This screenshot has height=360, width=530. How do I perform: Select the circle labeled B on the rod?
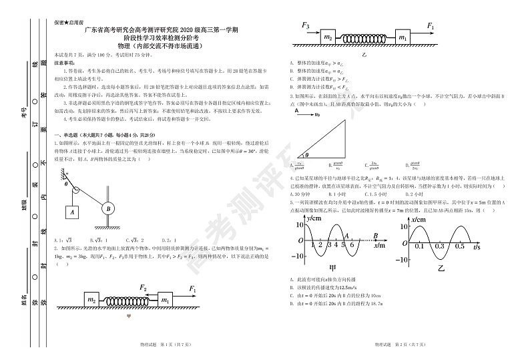pyautogui.click(x=107, y=208)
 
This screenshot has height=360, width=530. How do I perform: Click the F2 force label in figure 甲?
pyautogui.click(x=142, y=288)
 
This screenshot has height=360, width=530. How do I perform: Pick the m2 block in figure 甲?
pyautogui.click(x=92, y=300)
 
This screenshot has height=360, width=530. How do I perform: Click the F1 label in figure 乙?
pyautogui.click(x=431, y=27)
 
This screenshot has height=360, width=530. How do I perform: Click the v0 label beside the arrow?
pyautogui.click(x=318, y=114)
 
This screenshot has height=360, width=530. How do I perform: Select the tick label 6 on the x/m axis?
pyautogui.click(x=352, y=245)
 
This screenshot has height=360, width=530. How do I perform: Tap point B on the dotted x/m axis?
pyautogui.click(x=377, y=235)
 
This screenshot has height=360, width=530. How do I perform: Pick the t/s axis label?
pyautogui.click(x=478, y=246)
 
